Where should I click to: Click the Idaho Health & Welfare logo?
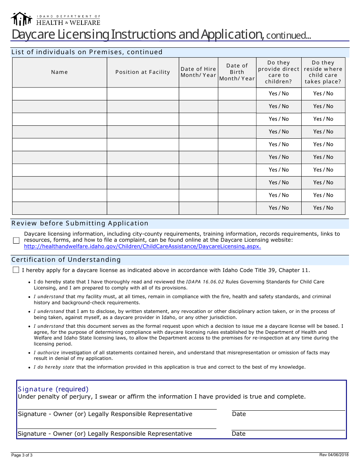[x=55, y=19]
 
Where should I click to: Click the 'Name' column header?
[x=59, y=72]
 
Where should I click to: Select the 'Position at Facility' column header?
[x=142, y=72]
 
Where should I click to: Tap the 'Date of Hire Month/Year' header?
[x=198, y=72]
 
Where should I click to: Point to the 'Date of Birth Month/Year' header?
[x=237, y=72]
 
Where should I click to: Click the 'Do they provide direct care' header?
[x=279, y=72]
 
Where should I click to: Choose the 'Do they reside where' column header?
[x=323, y=72]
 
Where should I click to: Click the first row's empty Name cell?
[x=59, y=94]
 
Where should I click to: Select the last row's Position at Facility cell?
[x=142, y=208]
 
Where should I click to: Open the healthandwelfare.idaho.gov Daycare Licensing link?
[x=142, y=246]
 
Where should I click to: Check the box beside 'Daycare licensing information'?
[x=16, y=240]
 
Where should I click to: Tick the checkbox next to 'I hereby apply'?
[x=16, y=270]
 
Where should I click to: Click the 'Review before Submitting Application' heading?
[x=80, y=223]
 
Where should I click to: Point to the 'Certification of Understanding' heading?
[x=66, y=260]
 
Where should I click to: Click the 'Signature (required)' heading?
[x=53, y=389]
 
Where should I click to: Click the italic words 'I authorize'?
[x=47, y=353]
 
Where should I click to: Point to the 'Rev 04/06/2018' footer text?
[x=334, y=455]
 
